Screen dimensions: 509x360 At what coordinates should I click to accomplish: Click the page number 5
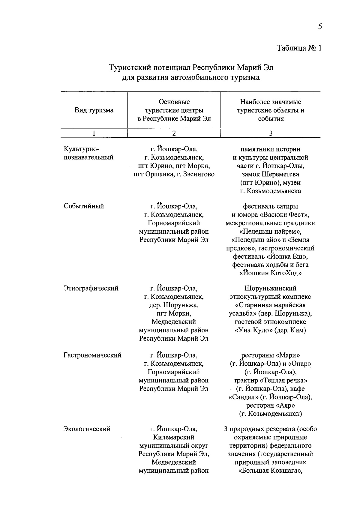click(x=320, y=27)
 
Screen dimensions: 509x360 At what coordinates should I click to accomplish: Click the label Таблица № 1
click(x=299, y=48)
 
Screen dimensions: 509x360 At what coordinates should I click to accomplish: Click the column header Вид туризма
click(x=94, y=110)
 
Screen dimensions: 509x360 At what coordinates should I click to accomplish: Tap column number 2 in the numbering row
click(x=174, y=133)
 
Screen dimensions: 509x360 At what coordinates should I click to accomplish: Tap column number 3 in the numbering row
click(x=270, y=133)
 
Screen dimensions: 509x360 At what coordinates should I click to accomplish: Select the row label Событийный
click(x=84, y=206)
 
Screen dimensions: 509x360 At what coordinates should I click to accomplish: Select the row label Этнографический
click(x=91, y=289)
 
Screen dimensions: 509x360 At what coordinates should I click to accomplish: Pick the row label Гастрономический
click(x=92, y=355)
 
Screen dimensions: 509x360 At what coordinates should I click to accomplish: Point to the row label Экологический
click(x=87, y=429)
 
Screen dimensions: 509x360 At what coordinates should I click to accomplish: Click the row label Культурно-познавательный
click(x=88, y=153)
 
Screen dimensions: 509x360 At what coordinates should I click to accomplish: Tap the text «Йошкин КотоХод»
click(x=270, y=273)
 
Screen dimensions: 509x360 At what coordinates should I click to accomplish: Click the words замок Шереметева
click(x=270, y=174)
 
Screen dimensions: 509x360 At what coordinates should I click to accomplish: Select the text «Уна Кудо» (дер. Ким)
click(x=270, y=331)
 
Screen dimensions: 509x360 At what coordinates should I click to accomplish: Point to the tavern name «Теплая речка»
click(x=283, y=381)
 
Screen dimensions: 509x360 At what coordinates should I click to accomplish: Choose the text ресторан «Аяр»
click(x=270, y=406)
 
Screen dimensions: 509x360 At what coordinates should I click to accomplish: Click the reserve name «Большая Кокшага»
click(x=270, y=471)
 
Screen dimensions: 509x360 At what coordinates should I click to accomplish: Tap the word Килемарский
click(x=174, y=438)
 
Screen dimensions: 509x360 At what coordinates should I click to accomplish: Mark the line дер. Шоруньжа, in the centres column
click(x=174, y=305)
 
